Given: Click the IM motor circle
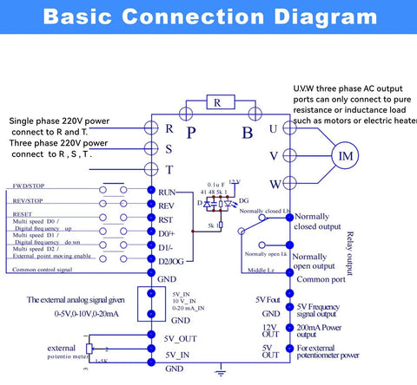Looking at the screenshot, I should pos(347,158).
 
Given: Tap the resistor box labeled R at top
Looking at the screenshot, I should pos(217,102).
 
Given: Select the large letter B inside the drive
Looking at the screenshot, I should pos(247,133).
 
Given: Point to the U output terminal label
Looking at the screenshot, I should pos(275,128).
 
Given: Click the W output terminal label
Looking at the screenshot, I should pos(275,184).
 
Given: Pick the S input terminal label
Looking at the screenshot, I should pos(169,148).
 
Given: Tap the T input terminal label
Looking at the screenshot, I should pos(169,169).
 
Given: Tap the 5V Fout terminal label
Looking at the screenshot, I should pos(268,300).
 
